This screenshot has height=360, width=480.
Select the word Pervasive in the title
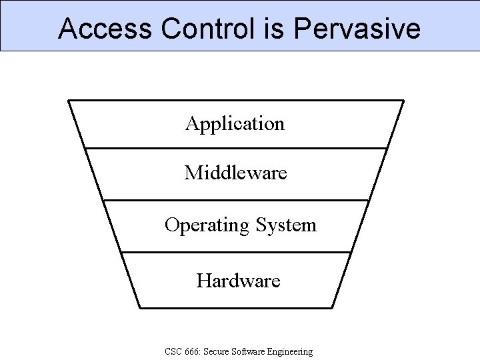coord(357,29)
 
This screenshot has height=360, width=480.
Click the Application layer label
coord(235,124)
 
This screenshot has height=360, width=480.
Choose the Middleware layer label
coord(235,173)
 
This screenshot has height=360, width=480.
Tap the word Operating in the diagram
coord(206,226)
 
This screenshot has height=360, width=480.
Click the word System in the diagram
coord(285,225)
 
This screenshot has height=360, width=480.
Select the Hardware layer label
coord(238,281)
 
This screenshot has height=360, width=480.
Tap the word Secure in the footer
coord(219,351)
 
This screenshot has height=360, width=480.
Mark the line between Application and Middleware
coord(235,148)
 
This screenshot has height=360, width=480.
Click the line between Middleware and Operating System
coord(235,200)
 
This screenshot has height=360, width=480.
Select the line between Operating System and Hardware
coord(235,252)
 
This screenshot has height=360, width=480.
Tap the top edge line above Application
coord(235,101)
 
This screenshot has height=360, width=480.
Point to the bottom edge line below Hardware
coord(235,307)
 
